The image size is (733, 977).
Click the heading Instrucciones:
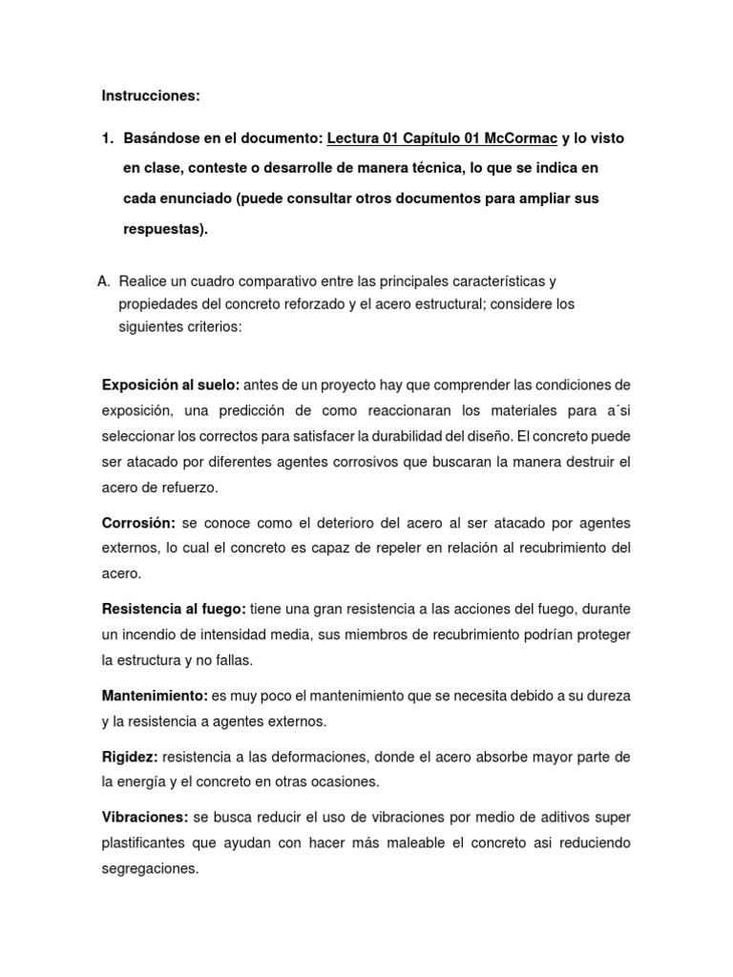(x=151, y=96)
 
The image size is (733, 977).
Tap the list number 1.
(x=107, y=139)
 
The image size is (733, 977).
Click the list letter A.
(x=103, y=281)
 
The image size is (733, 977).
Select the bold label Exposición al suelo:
(x=171, y=385)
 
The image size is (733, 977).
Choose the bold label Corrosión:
(x=138, y=524)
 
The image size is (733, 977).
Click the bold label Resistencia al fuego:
(x=174, y=608)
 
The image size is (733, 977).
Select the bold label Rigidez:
(x=130, y=757)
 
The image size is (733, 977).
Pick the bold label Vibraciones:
(x=145, y=818)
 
